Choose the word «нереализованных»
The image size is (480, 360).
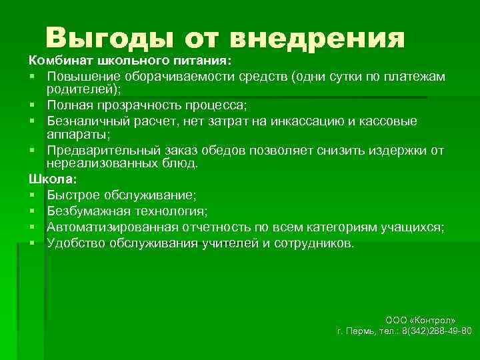click(97, 163)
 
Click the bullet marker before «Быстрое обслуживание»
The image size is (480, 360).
click(32, 195)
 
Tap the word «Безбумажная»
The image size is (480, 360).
click(84, 211)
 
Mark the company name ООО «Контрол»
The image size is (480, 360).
click(421, 320)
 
